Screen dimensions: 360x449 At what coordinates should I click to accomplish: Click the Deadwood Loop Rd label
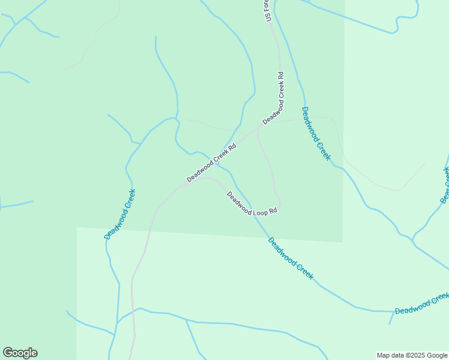click(x=252, y=203)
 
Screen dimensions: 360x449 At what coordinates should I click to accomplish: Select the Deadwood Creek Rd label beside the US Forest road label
click(x=273, y=98)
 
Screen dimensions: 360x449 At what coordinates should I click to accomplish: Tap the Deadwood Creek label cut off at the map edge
click(x=422, y=304)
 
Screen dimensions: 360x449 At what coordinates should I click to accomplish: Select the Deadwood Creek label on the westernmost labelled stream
click(x=119, y=214)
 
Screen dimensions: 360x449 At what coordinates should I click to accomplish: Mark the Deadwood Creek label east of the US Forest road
click(x=316, y=133)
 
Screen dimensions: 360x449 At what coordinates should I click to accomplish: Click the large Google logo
click(x=20, y=353)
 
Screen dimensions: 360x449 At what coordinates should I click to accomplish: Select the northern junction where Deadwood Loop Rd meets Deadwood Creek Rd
click(x=258, y=127)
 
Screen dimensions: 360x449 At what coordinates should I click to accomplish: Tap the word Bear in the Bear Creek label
click(x=444, y=195)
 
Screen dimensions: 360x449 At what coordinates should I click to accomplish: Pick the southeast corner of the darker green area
click(x=342, y=242)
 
